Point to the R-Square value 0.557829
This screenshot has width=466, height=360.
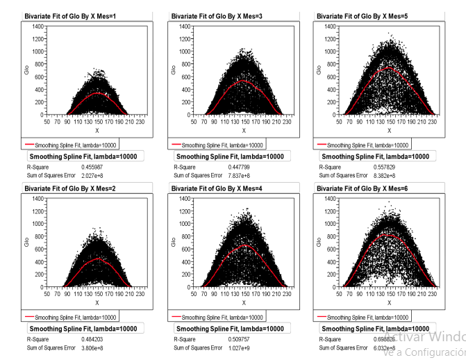[374, 167]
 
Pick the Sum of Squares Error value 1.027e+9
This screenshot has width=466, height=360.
[227, 345]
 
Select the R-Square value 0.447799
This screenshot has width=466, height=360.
[226, 167]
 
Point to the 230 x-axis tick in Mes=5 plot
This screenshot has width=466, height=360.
[433, 120]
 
